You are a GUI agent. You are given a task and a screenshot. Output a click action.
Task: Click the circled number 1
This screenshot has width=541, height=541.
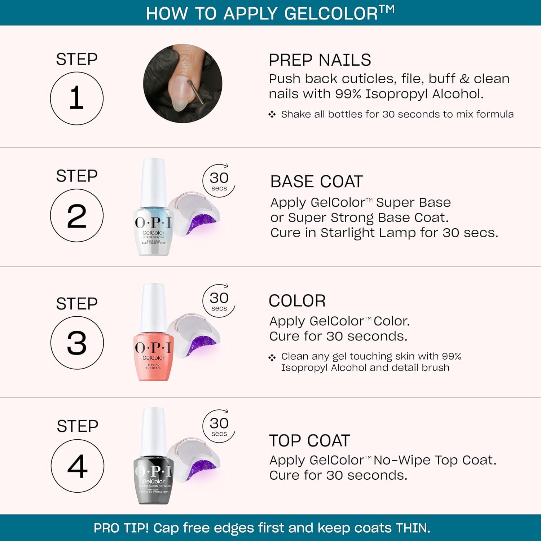[76, 98]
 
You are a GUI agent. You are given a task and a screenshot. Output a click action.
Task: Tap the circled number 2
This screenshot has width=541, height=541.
[76, 215]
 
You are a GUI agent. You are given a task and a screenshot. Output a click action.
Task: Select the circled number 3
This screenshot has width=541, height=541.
[77, 343]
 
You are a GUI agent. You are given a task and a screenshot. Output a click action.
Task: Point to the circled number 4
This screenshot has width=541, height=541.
[77, 466]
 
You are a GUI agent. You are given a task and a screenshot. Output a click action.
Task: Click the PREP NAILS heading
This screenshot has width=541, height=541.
[320, 60]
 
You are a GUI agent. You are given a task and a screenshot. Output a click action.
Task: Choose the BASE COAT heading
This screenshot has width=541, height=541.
[316, 181]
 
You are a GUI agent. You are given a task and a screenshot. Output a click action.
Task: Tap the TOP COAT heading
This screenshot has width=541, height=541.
[309, 440]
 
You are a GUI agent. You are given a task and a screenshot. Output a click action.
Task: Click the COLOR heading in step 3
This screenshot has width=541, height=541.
[297, 301]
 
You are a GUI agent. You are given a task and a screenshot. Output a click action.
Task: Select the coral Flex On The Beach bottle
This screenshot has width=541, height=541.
[153, 357]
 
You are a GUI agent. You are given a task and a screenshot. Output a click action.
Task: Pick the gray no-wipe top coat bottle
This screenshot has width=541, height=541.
[153, 480]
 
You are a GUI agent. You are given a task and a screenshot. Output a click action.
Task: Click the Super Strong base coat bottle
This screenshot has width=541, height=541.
[153, 231]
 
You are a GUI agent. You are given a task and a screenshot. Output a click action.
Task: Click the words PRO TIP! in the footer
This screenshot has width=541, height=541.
[121, 528]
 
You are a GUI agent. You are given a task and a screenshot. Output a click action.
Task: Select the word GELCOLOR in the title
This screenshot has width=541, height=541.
[331, 14]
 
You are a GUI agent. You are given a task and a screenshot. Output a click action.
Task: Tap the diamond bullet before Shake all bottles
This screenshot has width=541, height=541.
[272, 114]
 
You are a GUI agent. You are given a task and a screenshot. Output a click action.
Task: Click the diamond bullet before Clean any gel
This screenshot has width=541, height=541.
[272, 357]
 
